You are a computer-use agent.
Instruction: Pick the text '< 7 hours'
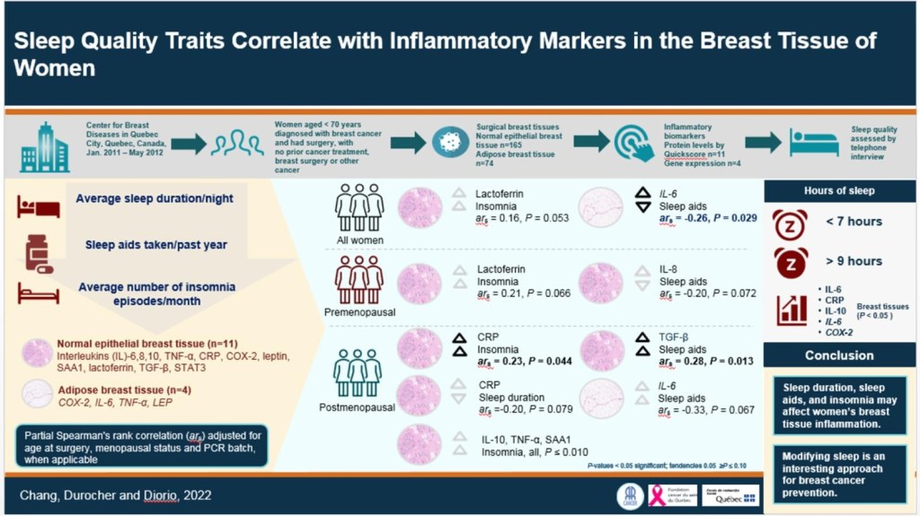[x=853, y=222]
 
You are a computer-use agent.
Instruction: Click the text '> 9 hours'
[x=853, y=261]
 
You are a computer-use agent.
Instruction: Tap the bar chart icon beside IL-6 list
[x=792, y=310]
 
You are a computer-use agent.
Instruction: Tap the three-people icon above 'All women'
[x=359, y=209]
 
